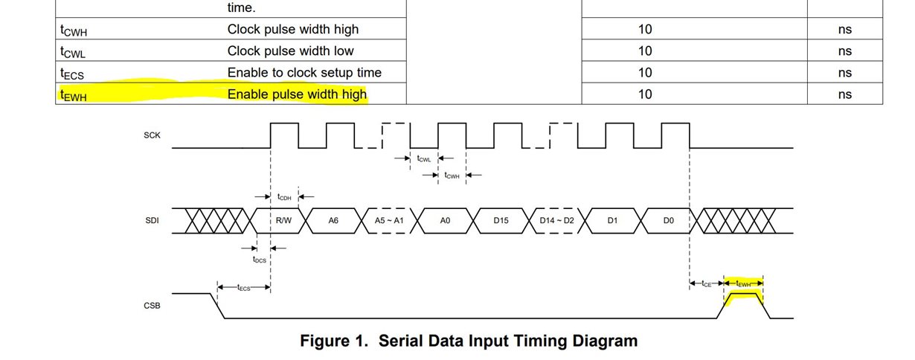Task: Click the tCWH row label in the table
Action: pos(74,30)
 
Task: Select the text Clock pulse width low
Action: pos(290,51)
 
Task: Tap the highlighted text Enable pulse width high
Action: pos(297,94)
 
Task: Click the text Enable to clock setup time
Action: pos(304,73)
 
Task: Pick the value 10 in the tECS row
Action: pos(645,73)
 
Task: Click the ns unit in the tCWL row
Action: pos(844,51)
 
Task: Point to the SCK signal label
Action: pos(151,135)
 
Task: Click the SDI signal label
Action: pos(151,220)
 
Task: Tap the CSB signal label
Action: pos(151,306)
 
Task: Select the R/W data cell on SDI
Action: pos(283,220)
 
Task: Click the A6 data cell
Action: pos(333,220)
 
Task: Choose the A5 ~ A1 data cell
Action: pos(389,220)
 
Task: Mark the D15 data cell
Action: pos(501,220)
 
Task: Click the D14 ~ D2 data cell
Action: pos(556,220)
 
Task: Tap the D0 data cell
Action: pos(668,220)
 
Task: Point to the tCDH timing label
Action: pos(284,197)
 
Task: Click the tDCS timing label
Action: pos(259,260)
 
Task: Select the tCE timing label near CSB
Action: pos(707,283)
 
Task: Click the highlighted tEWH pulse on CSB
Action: pos(744,295)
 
